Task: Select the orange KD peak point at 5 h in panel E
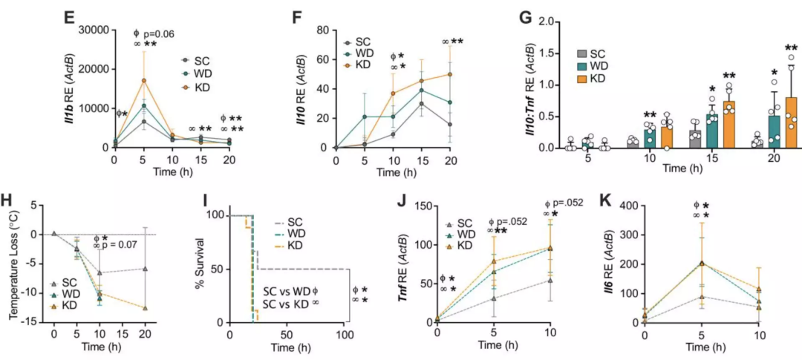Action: tap(144, 80)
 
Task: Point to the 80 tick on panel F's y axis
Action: tap(323, 30)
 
